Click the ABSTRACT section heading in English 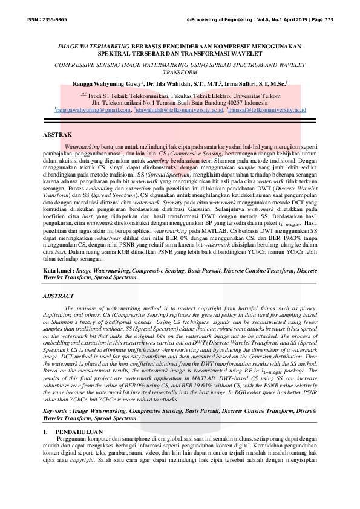pyautogui.click(x=59, y=296)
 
